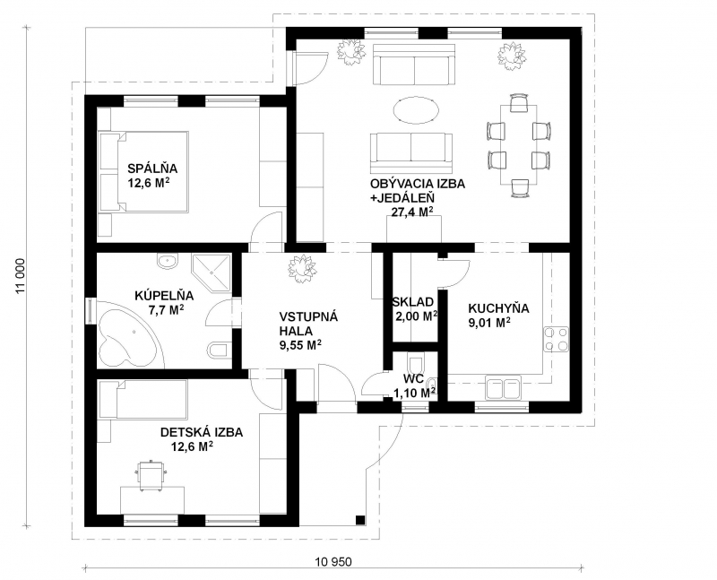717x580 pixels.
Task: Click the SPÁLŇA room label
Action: (x=152, y=169)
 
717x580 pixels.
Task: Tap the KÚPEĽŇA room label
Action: (x=164, y=296)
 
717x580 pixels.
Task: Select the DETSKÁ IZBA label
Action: (x=202, y=432)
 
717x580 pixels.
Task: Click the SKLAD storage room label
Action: (x=413, y=302)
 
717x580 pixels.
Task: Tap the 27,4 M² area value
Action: (x=412, y=212)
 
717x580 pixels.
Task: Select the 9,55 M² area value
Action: (x=300, y=345)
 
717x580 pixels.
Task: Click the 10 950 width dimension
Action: (x=333, y=561)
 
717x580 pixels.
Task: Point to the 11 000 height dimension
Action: (x=21, y=276)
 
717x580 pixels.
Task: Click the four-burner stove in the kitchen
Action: (x=556, y=339)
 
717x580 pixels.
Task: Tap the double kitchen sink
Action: (x=503, y=388)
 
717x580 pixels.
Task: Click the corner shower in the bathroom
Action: (x=212, y=273)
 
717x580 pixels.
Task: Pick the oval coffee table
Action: (x=417, y=110)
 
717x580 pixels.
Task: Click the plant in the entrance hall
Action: (x=301, y=268)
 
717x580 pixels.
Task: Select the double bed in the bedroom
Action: (x=143, y=172)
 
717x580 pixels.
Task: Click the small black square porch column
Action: (x=360, y=520)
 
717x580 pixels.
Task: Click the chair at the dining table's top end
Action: (x=519, y=103)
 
